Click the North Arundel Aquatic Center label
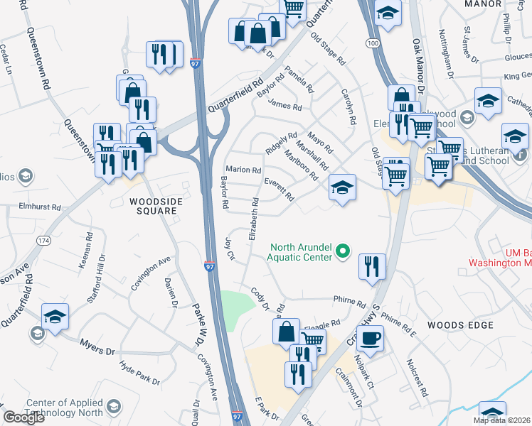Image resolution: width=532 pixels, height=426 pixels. (300, 252)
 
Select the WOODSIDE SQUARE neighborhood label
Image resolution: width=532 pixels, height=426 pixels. (153, 206)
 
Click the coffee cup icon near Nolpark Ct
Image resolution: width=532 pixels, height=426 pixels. (370, 337)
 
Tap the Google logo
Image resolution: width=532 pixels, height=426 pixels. (23, 417)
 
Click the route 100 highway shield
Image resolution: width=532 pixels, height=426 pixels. (373, 44)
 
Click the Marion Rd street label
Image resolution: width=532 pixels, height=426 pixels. (244, 170)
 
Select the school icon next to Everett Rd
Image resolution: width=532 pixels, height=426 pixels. (342, 188)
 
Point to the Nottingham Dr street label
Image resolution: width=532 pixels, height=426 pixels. (446, 53)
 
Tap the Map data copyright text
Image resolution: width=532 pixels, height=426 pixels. (501, 420)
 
